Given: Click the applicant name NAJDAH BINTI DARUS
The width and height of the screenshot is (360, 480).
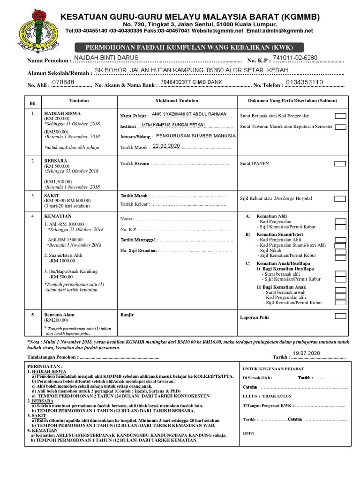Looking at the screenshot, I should pyautogui.click(x=107, y=58).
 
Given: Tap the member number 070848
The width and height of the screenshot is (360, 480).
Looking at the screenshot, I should pyautogui.click(x=63, y=82).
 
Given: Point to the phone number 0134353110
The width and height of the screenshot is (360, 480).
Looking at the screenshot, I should pyautogui.click(x=304, y=82).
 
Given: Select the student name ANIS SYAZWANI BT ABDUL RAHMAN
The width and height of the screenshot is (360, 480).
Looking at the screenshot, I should pyautogui.click(x=189, y=114).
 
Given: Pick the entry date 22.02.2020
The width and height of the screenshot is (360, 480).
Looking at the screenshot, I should pyautogui.click(x=166, y=146).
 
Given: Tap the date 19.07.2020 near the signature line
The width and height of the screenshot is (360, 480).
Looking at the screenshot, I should pyautogui.click(x=306, y=352).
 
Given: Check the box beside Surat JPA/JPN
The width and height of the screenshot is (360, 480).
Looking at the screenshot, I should pyautogui.click(x=340, y=164).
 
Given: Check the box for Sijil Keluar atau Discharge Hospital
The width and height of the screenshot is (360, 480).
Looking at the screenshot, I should pyautogui.click(x=340, y=199).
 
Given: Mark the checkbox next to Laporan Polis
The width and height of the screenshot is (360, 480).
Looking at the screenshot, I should pyautogui.click(x=340, y=316).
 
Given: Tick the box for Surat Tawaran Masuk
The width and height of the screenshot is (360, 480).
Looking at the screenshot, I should pyautogui.click(x=340, y=127).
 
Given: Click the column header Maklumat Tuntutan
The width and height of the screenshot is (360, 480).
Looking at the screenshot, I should pyautogui.click(x=177, y=101).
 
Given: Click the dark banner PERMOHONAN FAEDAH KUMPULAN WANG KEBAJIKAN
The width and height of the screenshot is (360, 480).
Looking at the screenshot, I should pyautogui.click(x=189, y=47).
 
